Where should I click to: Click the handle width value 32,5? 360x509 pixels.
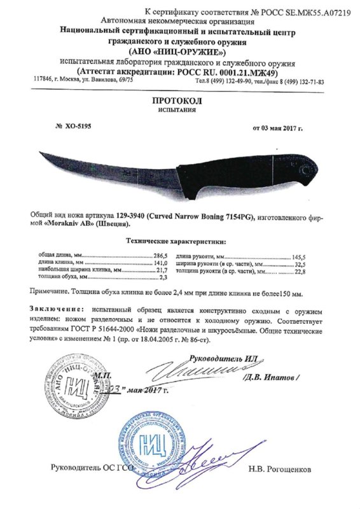click(315, 262)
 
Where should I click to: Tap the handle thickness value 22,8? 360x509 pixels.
click(315, 271)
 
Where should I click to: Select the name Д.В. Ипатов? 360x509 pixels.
click(272, 377)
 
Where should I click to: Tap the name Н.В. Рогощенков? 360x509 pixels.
click(287, 470)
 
